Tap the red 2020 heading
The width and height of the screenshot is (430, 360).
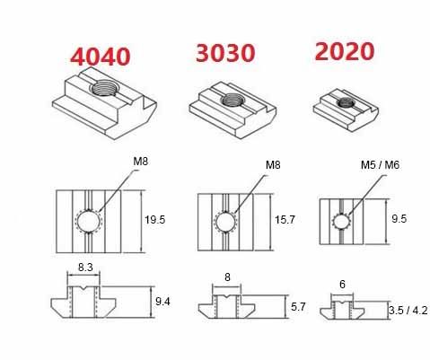(345, 51)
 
